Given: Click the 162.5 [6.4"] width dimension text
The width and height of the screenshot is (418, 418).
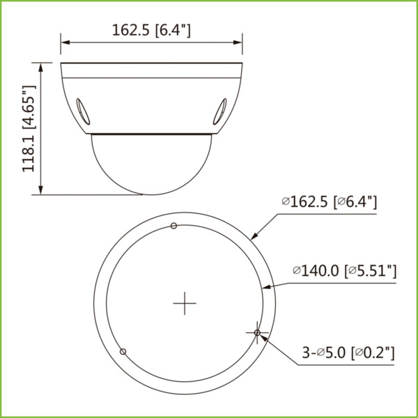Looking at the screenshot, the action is click(x=151, y=30).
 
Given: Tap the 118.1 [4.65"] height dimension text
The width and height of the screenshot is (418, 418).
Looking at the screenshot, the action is click(x=29, y=128).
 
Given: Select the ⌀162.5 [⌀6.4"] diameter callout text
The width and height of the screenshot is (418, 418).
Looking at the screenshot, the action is click(x=330, y=202).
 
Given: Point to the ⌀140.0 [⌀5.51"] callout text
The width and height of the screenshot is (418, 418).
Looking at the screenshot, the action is click(x=345, y=271).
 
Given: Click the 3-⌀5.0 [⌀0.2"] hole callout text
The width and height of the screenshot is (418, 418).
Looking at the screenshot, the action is click(x=348, y=353).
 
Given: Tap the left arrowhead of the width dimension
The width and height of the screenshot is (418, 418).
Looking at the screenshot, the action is click(x=65, y=42).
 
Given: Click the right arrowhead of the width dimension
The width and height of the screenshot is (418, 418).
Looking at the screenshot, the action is click(x=238, y=42).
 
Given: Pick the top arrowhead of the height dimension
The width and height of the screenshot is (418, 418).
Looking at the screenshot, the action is click(x=40, y=68).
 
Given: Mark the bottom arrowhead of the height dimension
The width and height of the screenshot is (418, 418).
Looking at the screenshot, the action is click(x=40, y=190).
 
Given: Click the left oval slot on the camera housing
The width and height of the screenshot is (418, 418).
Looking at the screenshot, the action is click(x=83, y=111).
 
